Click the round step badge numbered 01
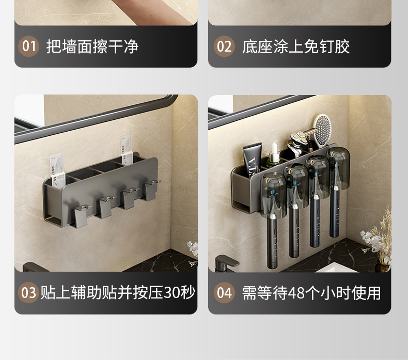[x=29, y=46]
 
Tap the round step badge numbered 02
[x=224, y=46]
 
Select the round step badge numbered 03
[x=29, y=293]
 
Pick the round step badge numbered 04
[x=224, y=293]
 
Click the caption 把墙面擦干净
[x=92, y=46]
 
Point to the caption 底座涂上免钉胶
[x=296, y=46]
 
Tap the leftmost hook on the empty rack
[x=81, y=216]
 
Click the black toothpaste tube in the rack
[x=251, y=161]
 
